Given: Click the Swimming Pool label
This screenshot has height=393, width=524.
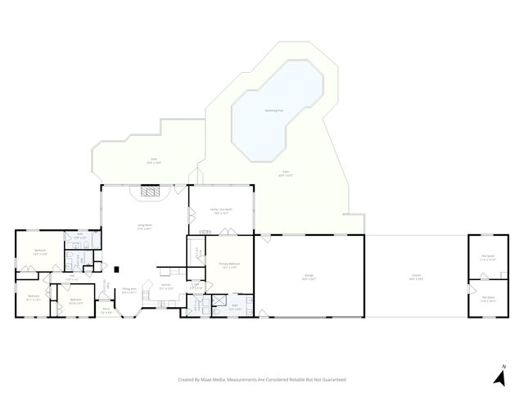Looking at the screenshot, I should pyautogui.click(x=273, y=110).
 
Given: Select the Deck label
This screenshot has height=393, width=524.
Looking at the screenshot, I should pyautogui.click(x=153, y=160).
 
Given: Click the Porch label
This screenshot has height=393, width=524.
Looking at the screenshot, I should pyautogui.click(x=106, y=310).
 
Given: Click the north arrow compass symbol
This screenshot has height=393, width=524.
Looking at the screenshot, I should pyautogui.click(x=499, y=376).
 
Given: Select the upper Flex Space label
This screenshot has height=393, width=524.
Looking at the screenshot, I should pyautogui.click(x=488, y=256).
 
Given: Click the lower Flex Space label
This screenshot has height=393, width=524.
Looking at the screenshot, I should pyautogui.click(x=488, y=298).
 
